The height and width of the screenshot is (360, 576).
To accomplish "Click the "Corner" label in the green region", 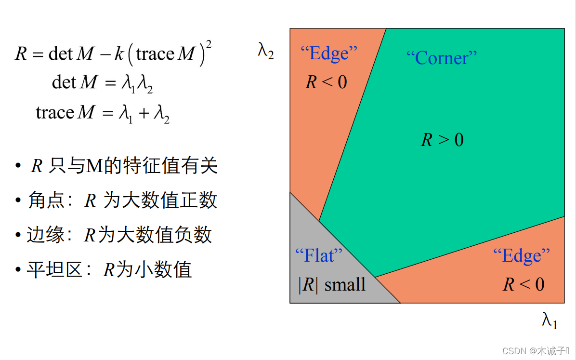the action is (442, 58).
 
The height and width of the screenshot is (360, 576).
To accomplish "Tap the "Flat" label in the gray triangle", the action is (318, 255).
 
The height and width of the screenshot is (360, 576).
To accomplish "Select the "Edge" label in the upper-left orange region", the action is (329, 53).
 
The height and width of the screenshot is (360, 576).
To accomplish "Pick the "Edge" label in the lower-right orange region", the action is (522, 255).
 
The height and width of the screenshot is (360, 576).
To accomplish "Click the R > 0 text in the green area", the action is (442, 140).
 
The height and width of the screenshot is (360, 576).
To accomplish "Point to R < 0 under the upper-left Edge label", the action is (326, 82).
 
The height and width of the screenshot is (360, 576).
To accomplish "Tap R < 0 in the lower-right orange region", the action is (524, 284).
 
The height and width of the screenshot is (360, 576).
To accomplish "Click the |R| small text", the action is (332, 285).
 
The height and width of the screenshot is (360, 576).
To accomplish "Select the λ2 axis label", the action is (266, 51).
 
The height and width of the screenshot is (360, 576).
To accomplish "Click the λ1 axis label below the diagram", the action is (550, 320).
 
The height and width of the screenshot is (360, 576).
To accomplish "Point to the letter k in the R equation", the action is (118, 53).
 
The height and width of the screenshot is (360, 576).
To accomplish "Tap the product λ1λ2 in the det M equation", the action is (137, 84).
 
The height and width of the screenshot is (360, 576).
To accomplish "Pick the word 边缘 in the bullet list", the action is (46, 235).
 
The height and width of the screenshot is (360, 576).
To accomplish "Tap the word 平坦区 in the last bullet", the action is (54, 270).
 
